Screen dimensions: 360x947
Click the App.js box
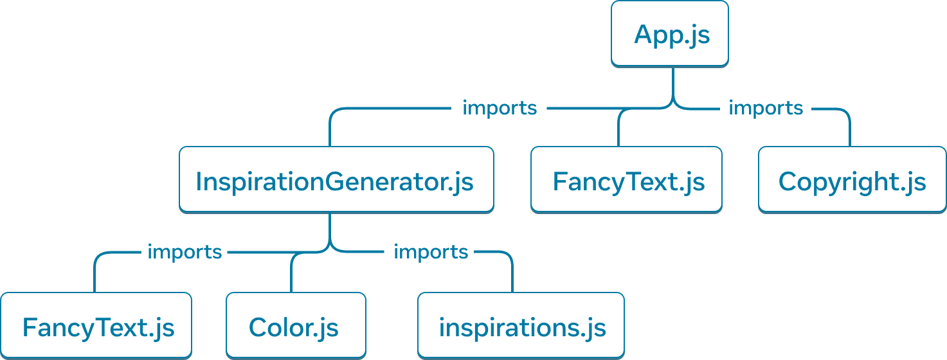coord(669,33)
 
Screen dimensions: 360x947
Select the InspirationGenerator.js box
coord(336,179)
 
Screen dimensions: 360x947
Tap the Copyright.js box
coord(852,179)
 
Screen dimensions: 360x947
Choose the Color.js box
coord(296,325)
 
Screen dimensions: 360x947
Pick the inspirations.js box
coord(521,325)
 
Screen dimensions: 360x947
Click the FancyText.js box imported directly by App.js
coord(626,179)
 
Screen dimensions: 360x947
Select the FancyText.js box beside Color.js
coord(96,325)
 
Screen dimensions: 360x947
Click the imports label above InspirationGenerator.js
coord(500,108)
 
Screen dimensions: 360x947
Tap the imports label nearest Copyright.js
coord(765,108)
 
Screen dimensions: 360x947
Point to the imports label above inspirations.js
coord(430,252)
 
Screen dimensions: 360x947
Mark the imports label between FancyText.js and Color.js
coord(185,252)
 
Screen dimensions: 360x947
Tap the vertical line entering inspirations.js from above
coord(512,275)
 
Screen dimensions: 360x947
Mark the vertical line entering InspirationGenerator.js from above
coord(330,132)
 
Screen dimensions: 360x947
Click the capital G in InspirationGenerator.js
coord(335,182)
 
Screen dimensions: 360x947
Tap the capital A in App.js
coord(645,35)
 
